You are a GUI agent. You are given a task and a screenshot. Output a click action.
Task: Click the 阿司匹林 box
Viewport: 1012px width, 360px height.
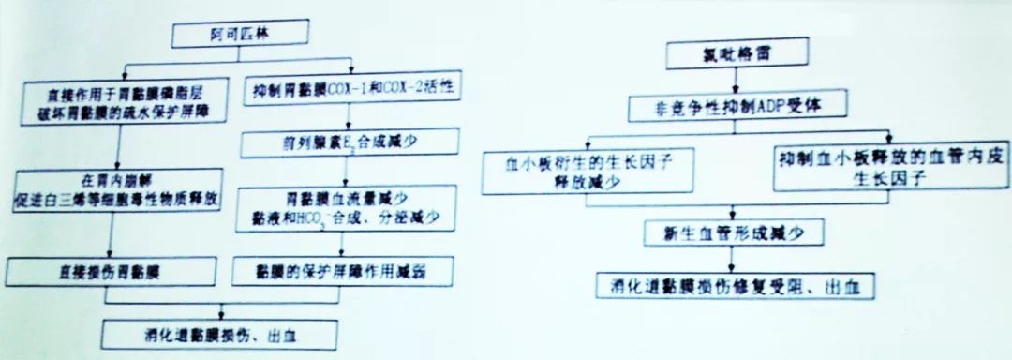coord(227,36)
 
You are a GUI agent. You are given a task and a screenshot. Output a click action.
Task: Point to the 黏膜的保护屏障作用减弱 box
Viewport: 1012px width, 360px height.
coord(347,272)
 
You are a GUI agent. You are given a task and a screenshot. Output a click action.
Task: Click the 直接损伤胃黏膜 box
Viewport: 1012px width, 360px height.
coord(112,272)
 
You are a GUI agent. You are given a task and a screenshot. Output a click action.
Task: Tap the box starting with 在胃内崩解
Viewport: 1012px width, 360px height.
coord(114,188)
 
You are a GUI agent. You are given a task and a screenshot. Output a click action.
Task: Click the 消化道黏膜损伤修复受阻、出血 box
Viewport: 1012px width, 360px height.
coord(735,284)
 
